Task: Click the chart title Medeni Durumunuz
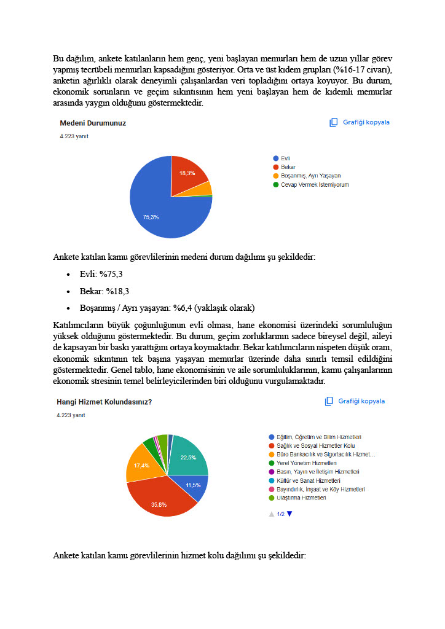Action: (x=93, y=123)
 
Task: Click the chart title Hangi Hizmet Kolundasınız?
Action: (x=104, y=402)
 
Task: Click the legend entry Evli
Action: (x=285, y=158)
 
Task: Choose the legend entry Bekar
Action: (x=288, y=167)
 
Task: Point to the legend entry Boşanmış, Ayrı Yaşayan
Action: (x=310, y=176)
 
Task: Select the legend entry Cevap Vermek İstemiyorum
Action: (x=314, y=184)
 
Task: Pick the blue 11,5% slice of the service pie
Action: (x=196, y=485)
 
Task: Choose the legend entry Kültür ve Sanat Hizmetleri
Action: (x=310, y=480)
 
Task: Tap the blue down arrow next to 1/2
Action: (x=289, y=514)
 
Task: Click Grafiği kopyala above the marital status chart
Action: (x=360, y=122)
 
